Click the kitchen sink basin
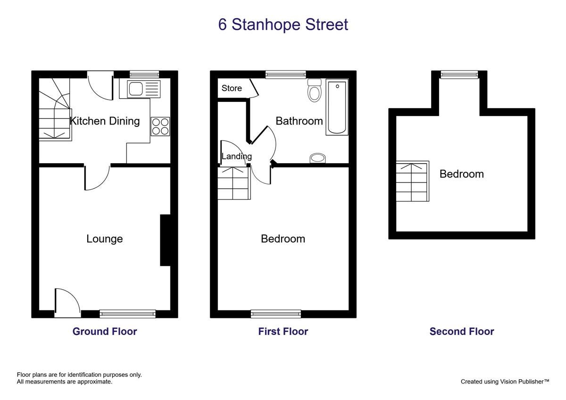click(136, 89)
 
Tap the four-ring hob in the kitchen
click(160, 126)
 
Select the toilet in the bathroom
click(314, 90)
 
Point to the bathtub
click(337, 107)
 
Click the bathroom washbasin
click(317, 158)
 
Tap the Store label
click(232, 88)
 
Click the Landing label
click(236, 157)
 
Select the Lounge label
click(105, 239)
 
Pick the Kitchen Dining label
click(105, 121)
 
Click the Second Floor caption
click(462, 331)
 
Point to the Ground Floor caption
click(105, 331)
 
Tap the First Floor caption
click(283, 331)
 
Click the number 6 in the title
click(222, 25)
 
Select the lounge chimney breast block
click(165, 240)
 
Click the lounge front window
click(128, 314)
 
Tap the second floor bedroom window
click(459, 75)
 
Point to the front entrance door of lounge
click(67, 303)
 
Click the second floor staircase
click(412, 181)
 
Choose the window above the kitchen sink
click(144, 74)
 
